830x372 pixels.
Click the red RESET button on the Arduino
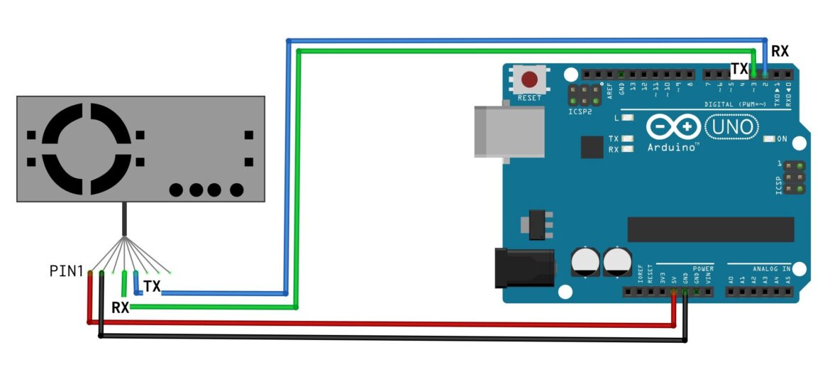[x=529, y=80]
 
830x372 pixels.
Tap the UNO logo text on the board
[x=732, y=128]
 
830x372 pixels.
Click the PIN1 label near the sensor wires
[x=67, y=270]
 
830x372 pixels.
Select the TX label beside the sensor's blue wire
[x=152, y=286]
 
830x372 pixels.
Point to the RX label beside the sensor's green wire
[x=120, y=307]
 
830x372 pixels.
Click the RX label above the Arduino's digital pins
[x=780, y=52]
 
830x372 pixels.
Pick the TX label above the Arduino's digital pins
[x=739, y=69]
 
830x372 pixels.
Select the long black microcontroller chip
[x=710, y=229]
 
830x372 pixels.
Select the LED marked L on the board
[x=627, y=118]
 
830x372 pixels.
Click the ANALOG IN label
[x=768, y=268]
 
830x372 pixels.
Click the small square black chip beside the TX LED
[x=591, y=147]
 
